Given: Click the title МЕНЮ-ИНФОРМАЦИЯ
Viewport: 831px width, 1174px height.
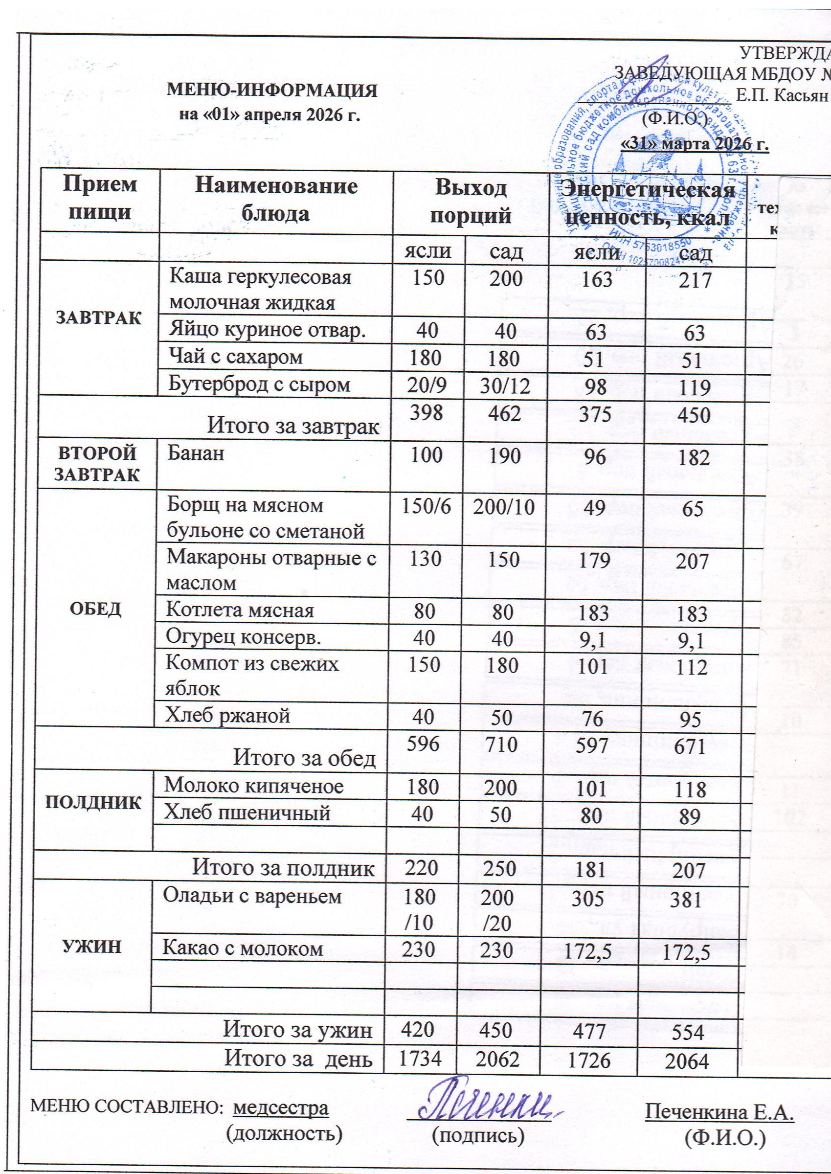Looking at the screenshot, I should (273, 90).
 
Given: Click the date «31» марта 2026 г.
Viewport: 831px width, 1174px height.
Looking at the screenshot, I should (695, 145).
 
